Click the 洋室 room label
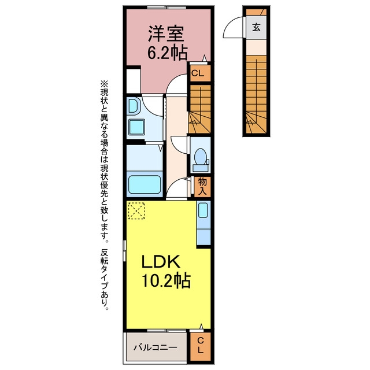(166, 34)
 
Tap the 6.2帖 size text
(168, 53)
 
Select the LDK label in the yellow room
(161, 261)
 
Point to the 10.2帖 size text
(166, 280)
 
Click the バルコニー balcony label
(156, 347)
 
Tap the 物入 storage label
(202, 186)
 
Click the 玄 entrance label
(256, 27)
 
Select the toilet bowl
(201, 156)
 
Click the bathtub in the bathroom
(145, 184)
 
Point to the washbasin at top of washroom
(134, 106)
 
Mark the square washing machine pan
(136, 127)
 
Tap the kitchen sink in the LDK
(203, 210)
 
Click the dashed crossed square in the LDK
(136, 210)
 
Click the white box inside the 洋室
(134, 81)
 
